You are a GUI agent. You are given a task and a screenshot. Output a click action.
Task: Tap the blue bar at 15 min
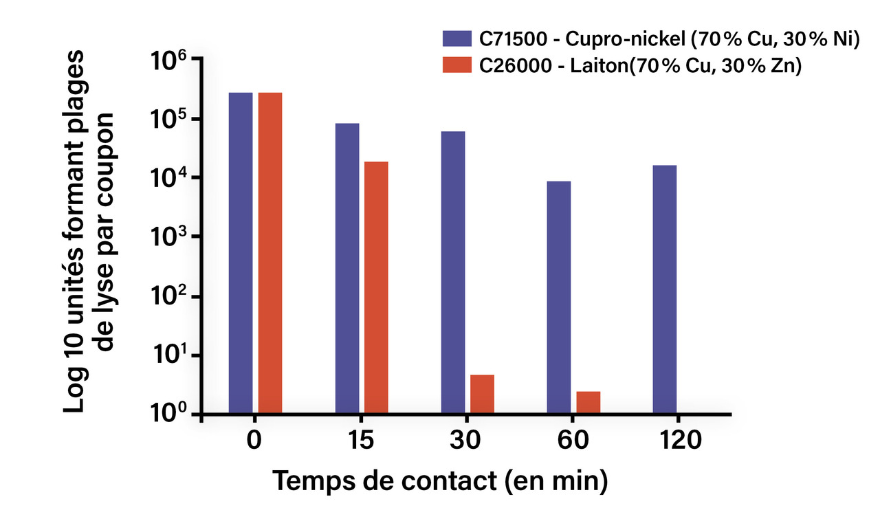point(347,268)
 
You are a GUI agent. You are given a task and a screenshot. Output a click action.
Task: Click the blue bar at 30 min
point(453,272)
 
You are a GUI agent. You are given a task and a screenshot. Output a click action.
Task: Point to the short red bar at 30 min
point(482,394)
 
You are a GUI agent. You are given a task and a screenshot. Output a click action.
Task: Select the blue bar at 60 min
point(559,297)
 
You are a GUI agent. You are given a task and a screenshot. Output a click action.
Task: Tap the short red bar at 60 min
point(588,402)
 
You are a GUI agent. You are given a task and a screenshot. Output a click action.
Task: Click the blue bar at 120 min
point(665,289)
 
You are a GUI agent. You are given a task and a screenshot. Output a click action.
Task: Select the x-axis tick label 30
point(467,441)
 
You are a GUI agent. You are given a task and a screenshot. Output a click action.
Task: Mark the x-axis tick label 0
point(255,441)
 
